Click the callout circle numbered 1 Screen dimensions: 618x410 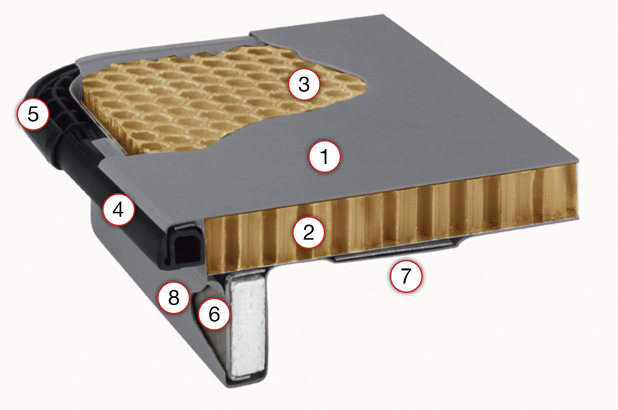325,157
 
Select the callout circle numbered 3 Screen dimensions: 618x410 304,84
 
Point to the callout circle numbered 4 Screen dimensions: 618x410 118,210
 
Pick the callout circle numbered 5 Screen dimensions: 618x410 33,114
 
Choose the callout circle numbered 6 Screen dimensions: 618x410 214,314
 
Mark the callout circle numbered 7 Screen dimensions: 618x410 406,276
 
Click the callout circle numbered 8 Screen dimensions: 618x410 173,297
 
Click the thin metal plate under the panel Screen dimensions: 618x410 392,250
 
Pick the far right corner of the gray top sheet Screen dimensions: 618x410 577,160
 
